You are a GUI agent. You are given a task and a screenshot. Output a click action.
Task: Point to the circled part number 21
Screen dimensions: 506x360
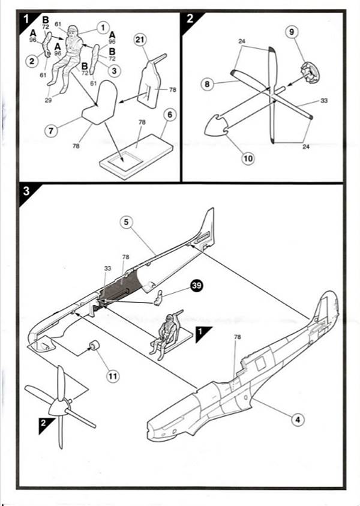pyautogui.click(x=140, y=39)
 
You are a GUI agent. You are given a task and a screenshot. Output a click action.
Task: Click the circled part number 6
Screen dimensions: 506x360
pyautogui.click(x=170, y=114)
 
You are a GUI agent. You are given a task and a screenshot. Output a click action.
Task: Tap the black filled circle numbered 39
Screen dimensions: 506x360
pyautogui.click(x=196, y=286)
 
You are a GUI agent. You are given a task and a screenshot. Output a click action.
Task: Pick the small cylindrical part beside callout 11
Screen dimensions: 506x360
pyautogui.click(x=94, y=345)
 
